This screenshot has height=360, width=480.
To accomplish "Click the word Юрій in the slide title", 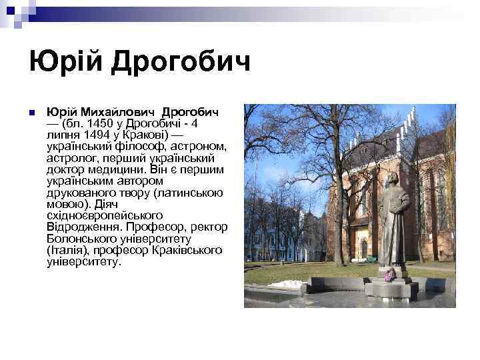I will point(65,63).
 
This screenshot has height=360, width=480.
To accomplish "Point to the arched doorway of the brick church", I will point(363,248).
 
